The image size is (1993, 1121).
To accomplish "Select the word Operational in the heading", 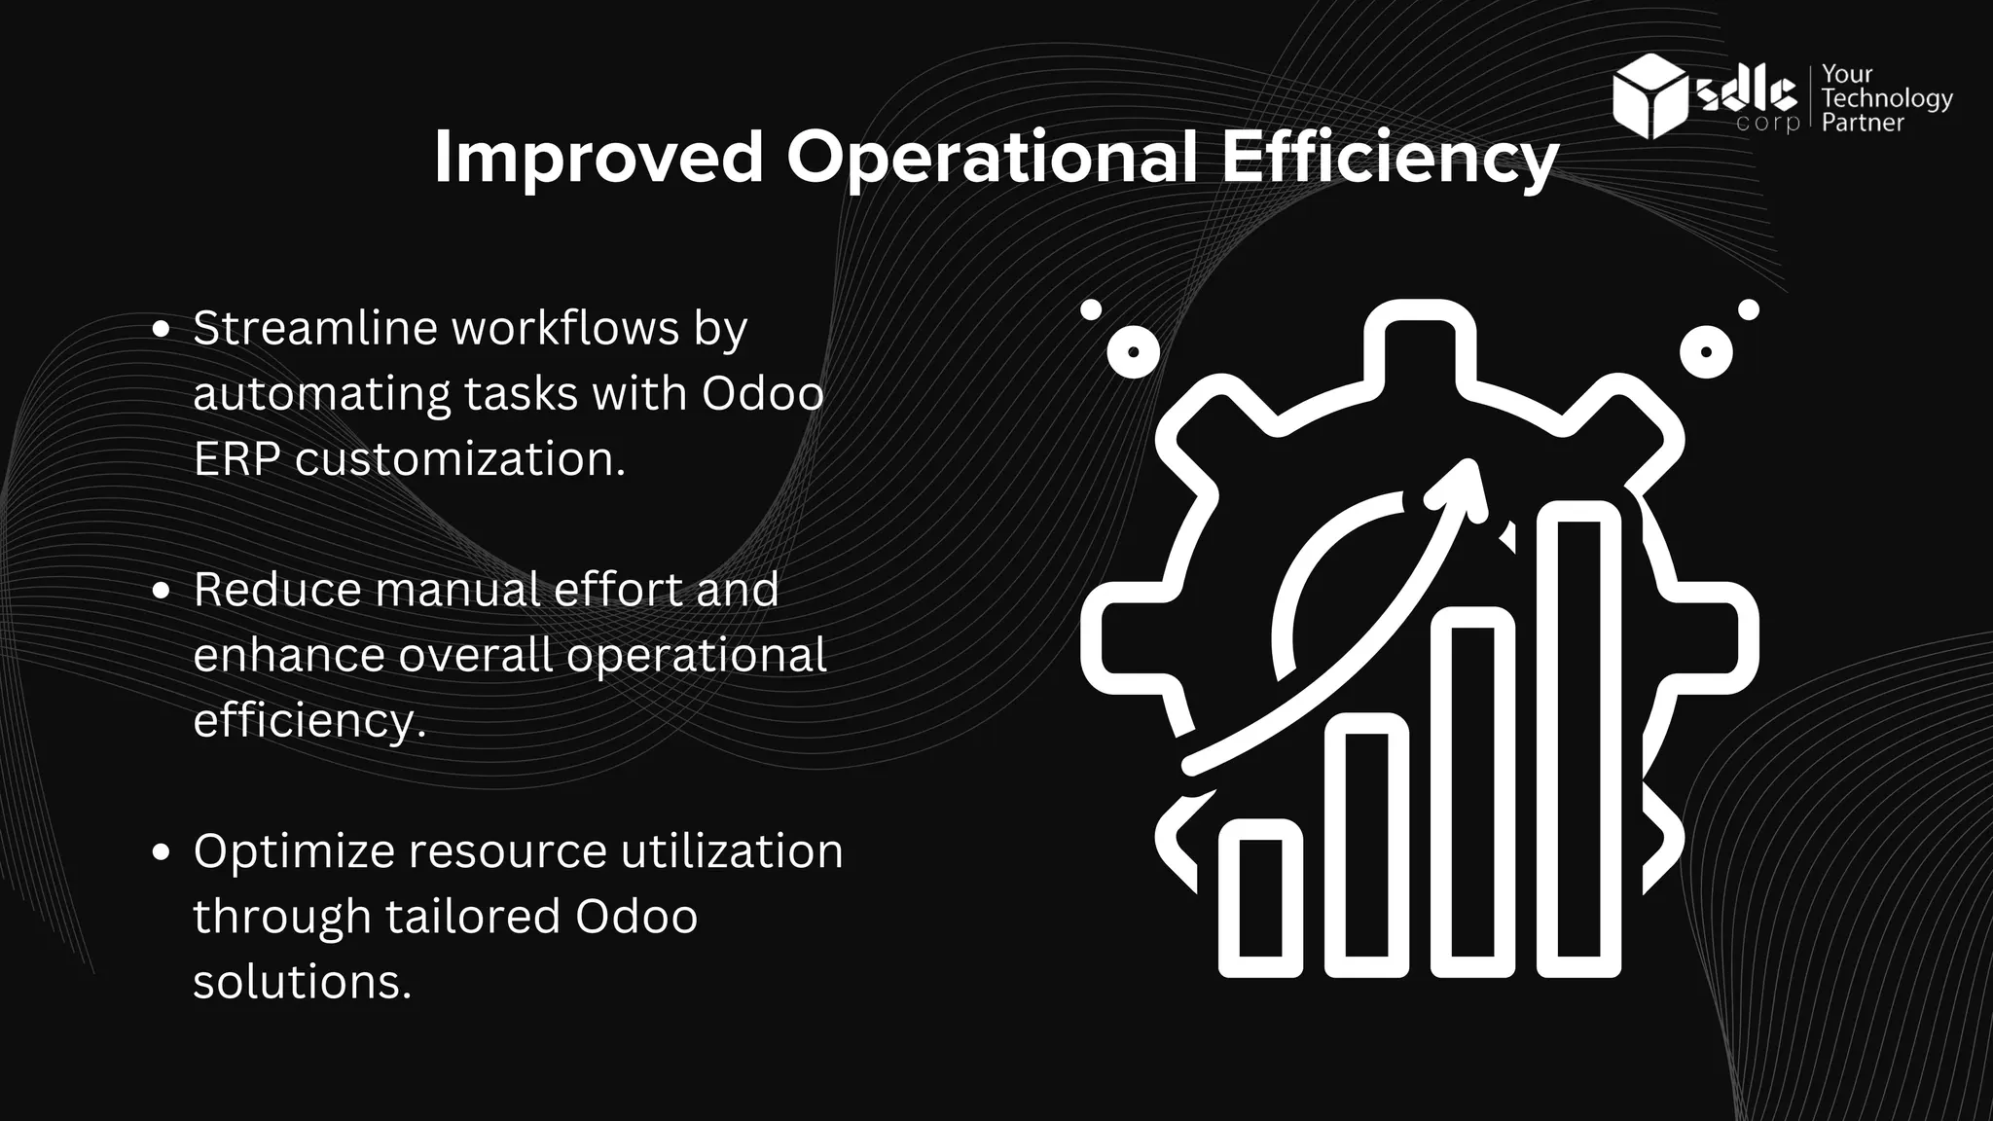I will pos(992,158).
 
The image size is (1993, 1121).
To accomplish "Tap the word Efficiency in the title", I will pos(1390,158).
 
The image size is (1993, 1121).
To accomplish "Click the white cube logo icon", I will pos(1649,96).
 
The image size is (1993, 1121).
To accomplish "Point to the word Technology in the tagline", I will pos(1887,98).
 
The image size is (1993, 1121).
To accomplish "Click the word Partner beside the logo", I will pos(1863,123).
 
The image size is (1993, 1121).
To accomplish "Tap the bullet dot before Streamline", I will pos(163,330).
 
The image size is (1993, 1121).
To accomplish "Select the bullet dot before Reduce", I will pos(163,591).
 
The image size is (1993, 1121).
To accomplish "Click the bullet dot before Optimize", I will pos(163,852).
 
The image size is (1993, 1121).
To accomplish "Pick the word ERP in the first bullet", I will pos(237,458).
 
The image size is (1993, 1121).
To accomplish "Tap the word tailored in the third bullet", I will pos(472,916).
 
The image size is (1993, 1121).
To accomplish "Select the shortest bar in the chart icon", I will pos(1260,897).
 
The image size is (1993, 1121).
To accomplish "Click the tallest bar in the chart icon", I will pos(1578,739).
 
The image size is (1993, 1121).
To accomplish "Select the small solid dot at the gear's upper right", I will pos(1749,310).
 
